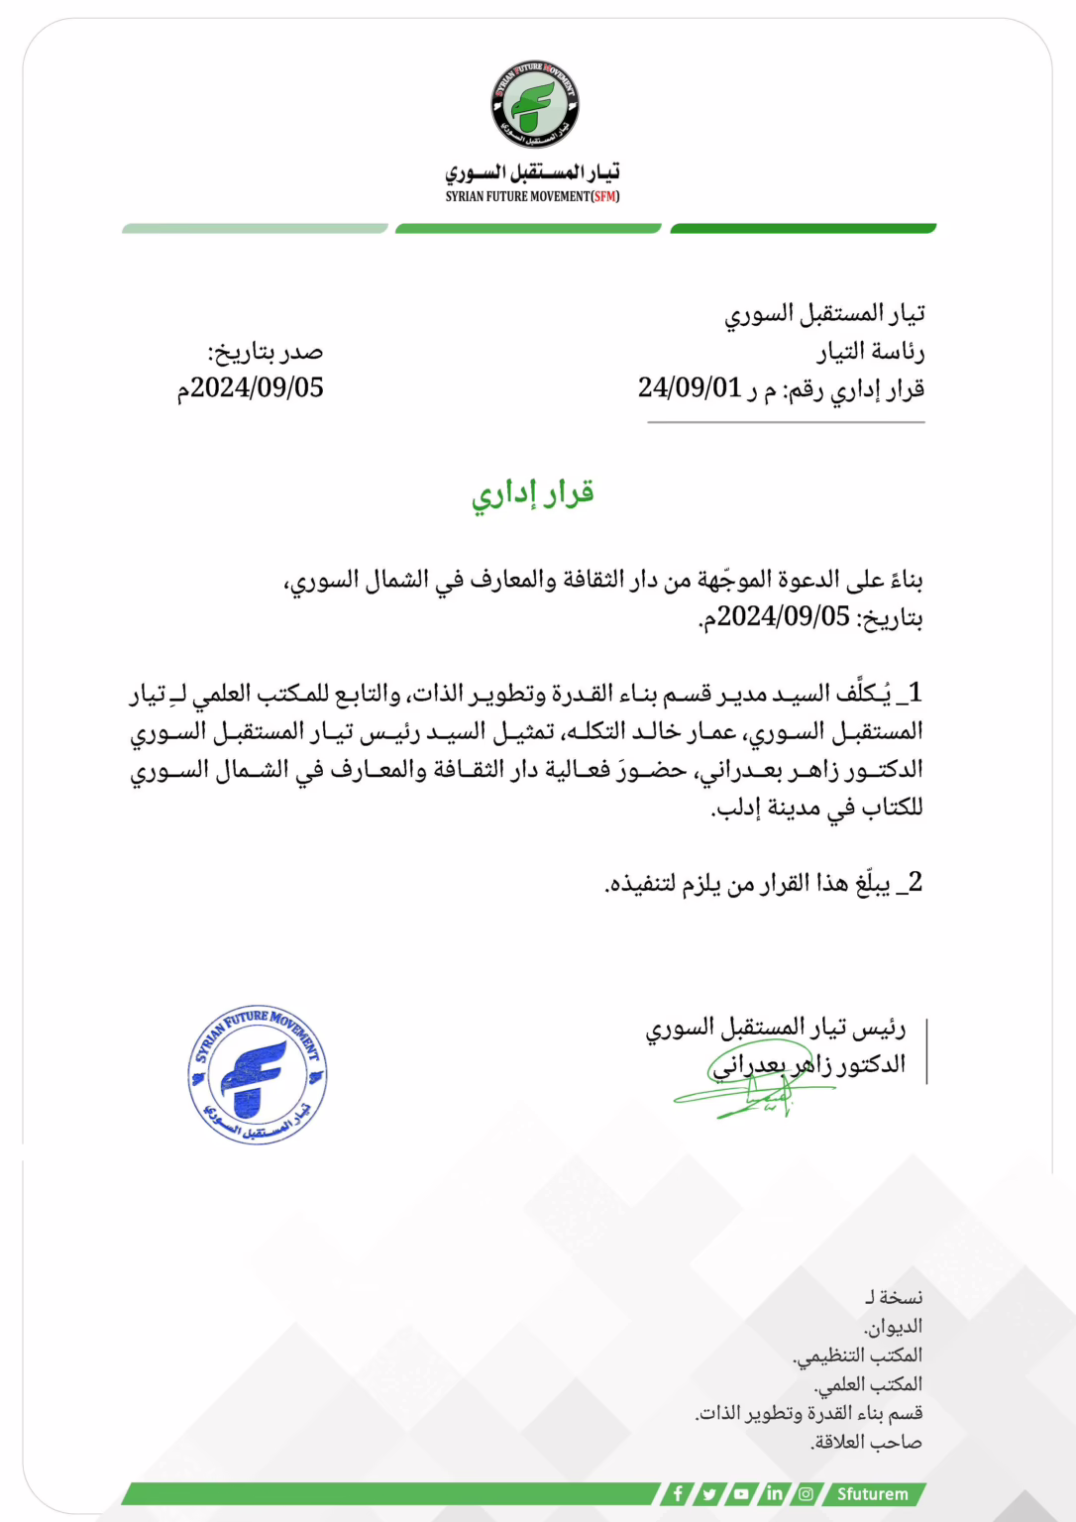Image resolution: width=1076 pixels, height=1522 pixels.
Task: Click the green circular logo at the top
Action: [x=535, y=104]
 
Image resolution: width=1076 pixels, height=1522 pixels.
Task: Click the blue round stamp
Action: [x=258, y=1075]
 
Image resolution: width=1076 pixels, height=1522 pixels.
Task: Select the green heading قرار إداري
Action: [x=533, y=492]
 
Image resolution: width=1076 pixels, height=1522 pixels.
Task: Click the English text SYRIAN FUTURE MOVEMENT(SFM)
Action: [x=532, y=196]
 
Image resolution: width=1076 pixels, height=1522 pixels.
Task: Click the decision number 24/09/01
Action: [x=690, y=387]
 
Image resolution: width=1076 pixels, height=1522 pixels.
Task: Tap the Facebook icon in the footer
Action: [x=678, y=1493]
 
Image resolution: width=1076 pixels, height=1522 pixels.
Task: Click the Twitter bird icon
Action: [x=709, y=1493]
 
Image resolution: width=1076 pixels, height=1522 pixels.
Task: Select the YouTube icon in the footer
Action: [x=741, y=1493]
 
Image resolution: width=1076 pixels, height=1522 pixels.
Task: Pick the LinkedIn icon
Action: [x=774, y=1493]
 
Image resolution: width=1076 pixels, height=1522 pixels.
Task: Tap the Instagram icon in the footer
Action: [x=806, y=1493]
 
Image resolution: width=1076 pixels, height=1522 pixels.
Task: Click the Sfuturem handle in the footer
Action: [x=872, y=1493]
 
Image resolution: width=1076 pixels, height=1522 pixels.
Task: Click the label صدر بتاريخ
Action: [x=266, y=352]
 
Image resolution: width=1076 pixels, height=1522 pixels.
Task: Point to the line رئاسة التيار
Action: [x=871, y=352]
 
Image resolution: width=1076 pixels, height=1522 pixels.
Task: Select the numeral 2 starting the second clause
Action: [x=915, y=882]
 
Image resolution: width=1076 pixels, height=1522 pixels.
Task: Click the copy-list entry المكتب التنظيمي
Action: [x=858, y=1355]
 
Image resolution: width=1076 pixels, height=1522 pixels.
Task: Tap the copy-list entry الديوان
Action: [x=893, y=1326]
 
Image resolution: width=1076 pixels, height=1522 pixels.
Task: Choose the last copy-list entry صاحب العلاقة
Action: [x=867, y=1442]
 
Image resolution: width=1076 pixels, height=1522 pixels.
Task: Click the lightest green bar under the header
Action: [x=255, y=229]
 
